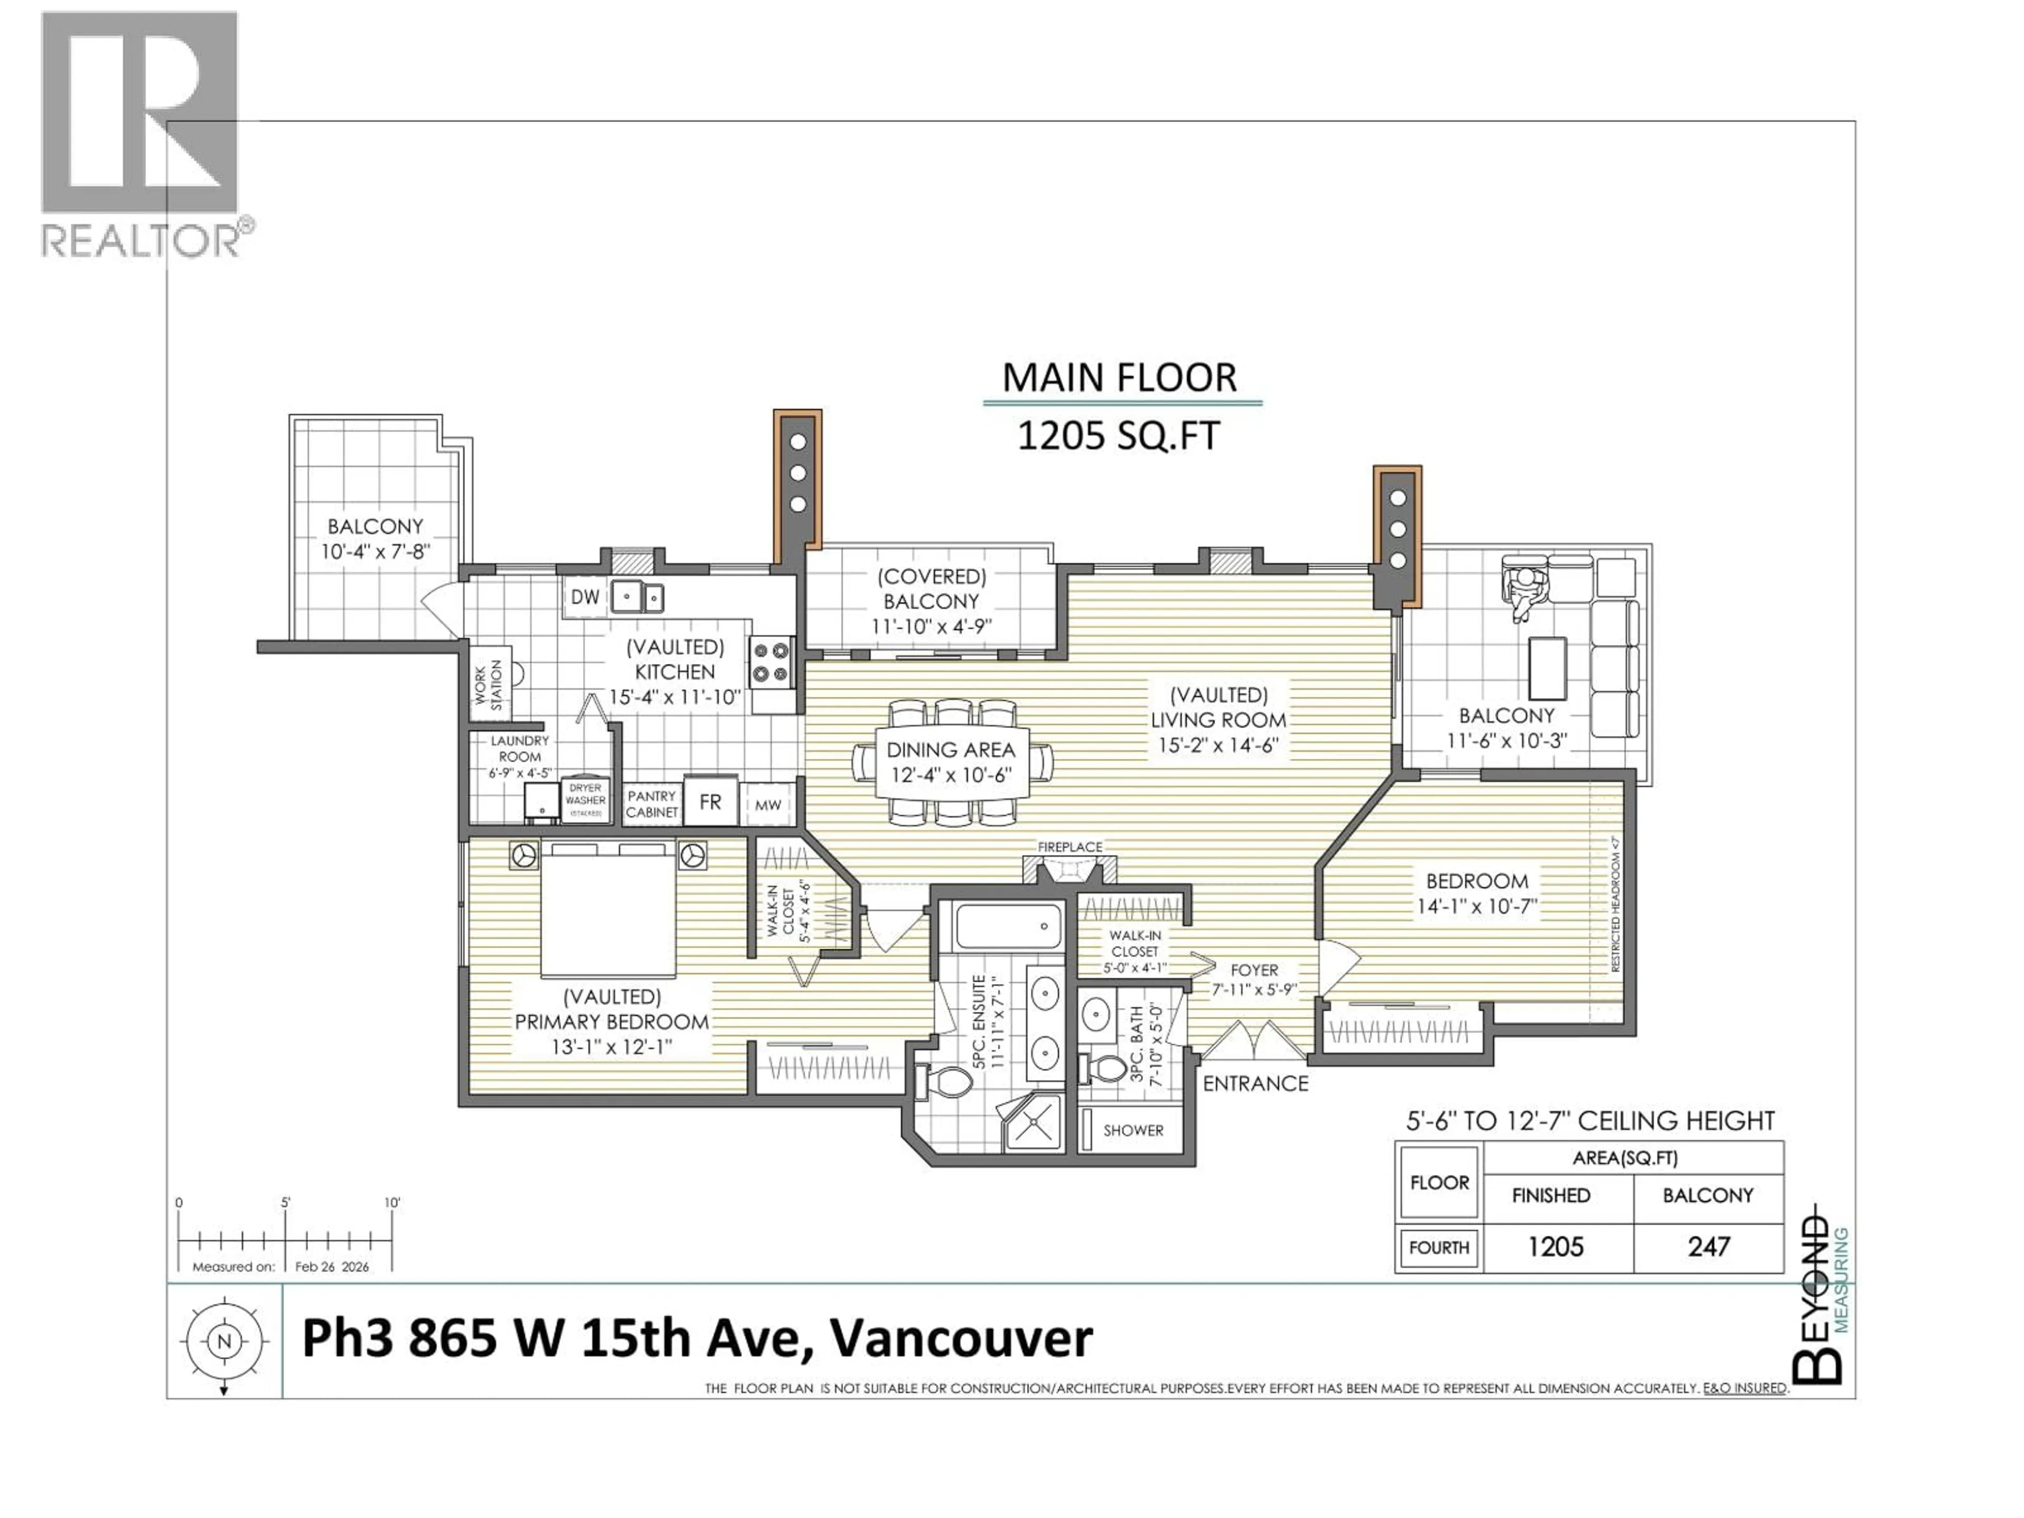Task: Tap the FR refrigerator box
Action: tap(710, 802)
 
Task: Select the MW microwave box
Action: tap(767, 805)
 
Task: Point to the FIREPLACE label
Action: tap(1069, 848)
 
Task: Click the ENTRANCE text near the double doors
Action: tap(1256, 1083)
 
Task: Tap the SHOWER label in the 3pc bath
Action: tap(1133, 1130)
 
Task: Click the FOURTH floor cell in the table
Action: tap(1438, 1247)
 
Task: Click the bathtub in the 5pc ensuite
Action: tap(1007, 926)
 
